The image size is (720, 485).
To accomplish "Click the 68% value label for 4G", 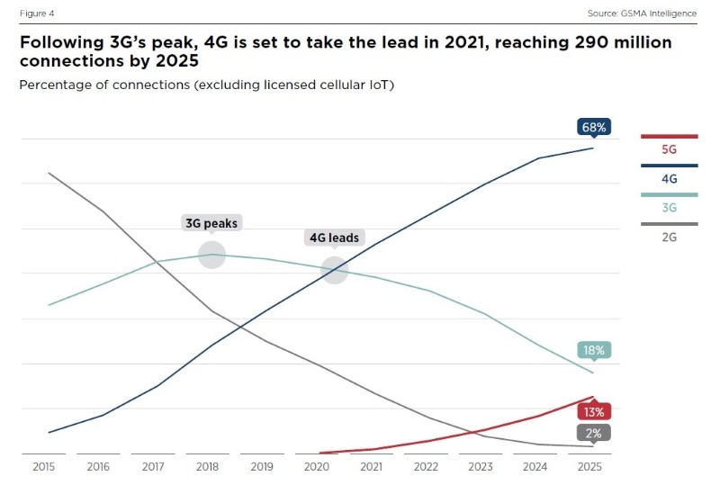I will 594,128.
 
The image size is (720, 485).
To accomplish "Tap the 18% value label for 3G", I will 594,350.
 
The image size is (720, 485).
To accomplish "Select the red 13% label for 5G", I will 594,411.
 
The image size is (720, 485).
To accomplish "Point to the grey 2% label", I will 594,433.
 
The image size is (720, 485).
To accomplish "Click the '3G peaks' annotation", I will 211,223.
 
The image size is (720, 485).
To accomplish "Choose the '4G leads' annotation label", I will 334,238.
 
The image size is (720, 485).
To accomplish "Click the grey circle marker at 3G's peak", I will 211,255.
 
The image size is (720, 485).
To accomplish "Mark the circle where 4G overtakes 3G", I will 335,270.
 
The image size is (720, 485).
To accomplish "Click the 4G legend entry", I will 669,179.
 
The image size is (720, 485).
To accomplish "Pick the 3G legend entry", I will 669,208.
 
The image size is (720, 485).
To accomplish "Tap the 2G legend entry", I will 669,237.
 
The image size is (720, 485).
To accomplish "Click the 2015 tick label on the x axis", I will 43,468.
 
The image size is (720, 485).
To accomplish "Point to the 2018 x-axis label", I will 207,468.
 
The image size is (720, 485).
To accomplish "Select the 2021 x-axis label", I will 371,468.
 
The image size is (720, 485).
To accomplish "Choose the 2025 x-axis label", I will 589,468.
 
